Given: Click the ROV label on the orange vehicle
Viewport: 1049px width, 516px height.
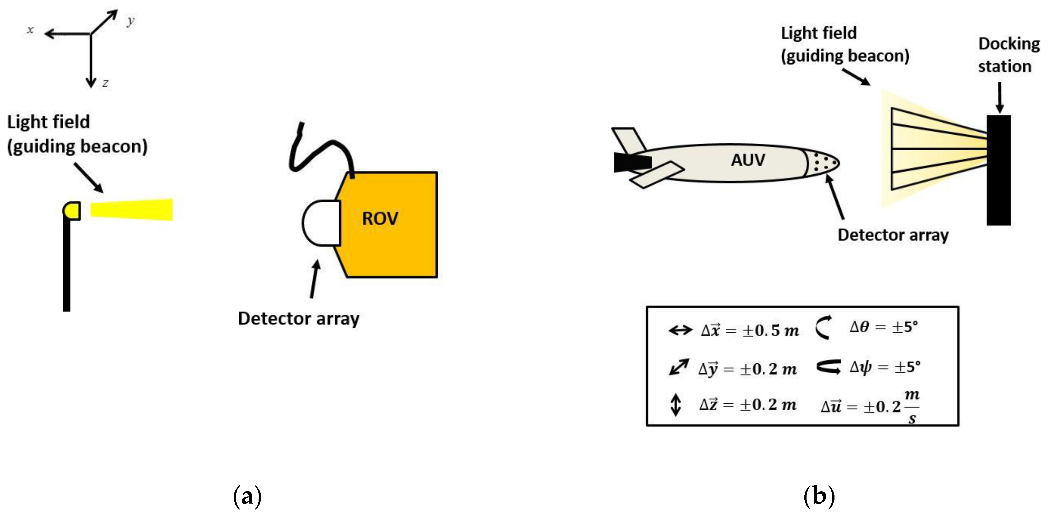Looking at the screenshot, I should (x=380, y=218).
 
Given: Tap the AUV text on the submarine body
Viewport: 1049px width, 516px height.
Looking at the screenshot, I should (x=748, y=159).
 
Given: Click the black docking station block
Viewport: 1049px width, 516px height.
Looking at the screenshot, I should (x=998, y=170).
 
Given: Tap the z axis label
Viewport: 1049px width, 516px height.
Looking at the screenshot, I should (x=105, y=83).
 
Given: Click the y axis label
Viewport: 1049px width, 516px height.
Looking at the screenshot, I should (x=130, y=20).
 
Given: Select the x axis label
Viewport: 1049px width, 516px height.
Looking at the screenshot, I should (x=30, y=30).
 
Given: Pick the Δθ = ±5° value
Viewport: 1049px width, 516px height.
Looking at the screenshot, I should (x=884, y=327).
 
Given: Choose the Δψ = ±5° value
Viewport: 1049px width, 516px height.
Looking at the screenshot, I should (x=884, y=367).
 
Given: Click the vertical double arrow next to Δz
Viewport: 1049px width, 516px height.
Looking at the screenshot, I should (x=676, y=405).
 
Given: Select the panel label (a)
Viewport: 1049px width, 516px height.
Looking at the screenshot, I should (x=247, y=496).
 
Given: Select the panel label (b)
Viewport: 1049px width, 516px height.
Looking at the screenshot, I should (x=819, y=496).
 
